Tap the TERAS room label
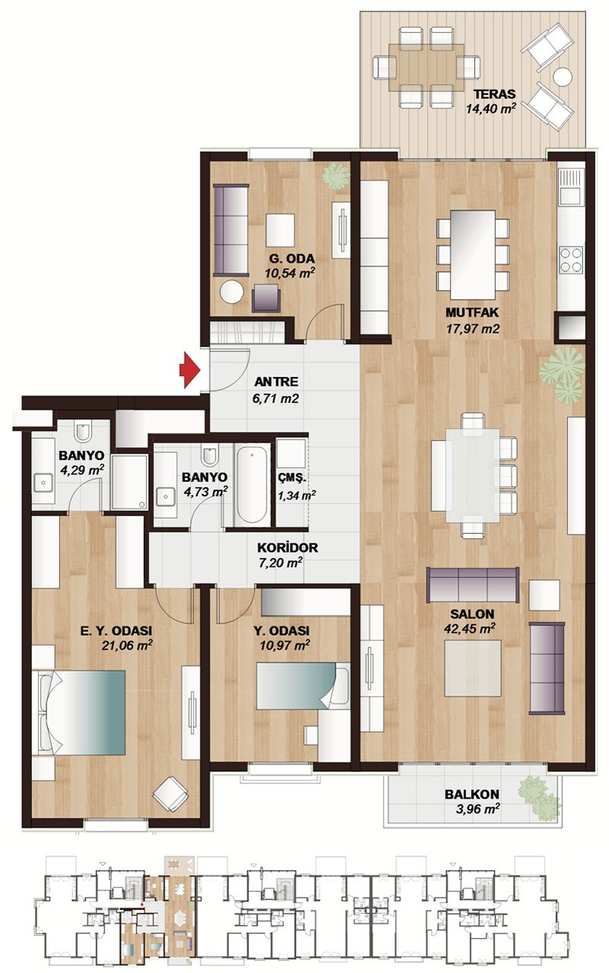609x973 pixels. click(494, 94)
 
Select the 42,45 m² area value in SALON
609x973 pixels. click(469, 629)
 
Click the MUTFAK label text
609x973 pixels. click(472, 312)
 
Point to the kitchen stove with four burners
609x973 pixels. click(571, 260)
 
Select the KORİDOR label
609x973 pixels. click(288, 547)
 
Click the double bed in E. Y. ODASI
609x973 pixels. click(79, 713)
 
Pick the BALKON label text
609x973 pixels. click(472, 794)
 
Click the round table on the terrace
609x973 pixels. click(563, 77)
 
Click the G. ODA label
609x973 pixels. click(292, 258)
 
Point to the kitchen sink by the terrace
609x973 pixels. click(571, 187)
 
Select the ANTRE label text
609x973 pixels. click(276, 382)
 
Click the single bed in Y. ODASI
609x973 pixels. click(303, 686)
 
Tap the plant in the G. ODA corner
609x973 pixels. click(336, 175)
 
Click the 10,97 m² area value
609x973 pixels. click(285, 645)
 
